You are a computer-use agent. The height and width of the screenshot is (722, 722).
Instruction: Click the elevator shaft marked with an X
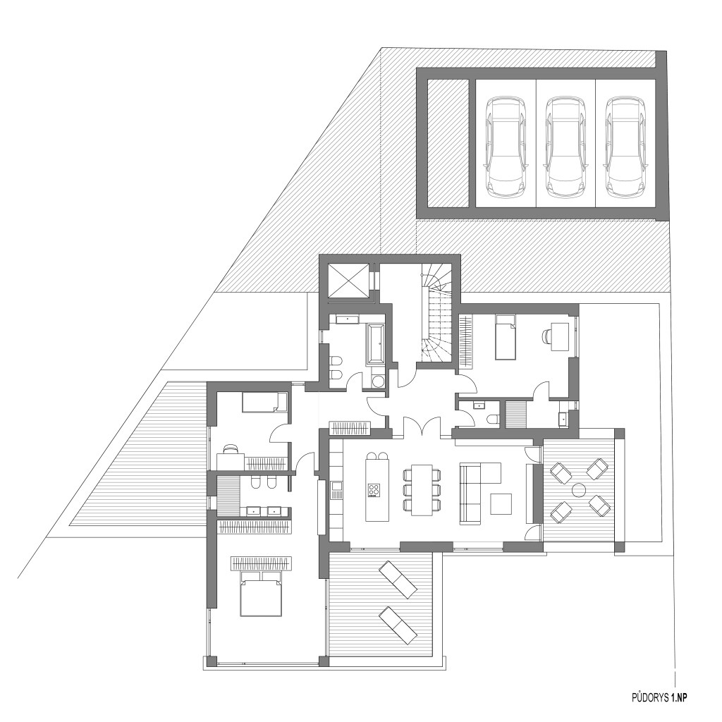pyautogui.click(x=348, y=281)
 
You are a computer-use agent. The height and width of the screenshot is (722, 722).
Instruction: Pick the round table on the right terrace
pyautogui.click(x=579, y=489)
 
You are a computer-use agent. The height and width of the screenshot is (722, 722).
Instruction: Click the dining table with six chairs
pyautogui.click(x=422, y=489)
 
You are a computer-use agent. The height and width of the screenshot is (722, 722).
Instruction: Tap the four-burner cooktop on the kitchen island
pyautogui.click(x=374, y=490)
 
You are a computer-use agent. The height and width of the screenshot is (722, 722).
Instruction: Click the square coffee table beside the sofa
pyautogui.click(x=501, y=503)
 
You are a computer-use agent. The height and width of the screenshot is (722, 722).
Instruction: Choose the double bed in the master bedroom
pyautogui.click(x=261, y=593)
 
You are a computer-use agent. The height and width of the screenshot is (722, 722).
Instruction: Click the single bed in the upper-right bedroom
pyautogui.click(x=505, y=336)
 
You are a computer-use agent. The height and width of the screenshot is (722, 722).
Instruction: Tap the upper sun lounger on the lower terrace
pyautogui.click(x=398, y=580)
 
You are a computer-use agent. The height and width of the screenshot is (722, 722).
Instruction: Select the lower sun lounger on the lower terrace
pyautogui.click(x=398, y=625)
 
